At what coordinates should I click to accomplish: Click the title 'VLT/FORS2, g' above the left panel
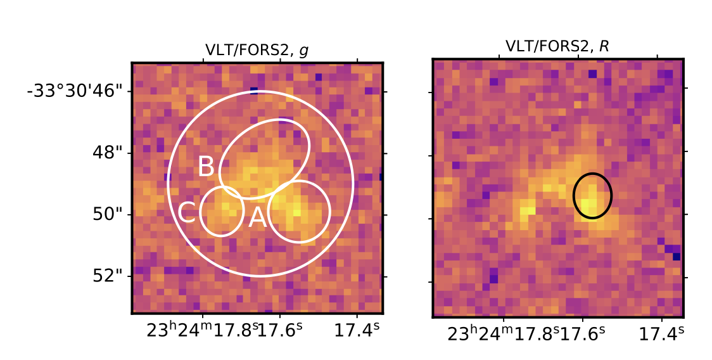coord(257,51)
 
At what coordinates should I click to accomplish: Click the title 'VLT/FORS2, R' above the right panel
coord(557,47)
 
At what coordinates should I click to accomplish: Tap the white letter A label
coord(257,218)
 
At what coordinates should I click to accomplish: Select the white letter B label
coord(206,167)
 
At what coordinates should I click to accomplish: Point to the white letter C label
coord(186,213)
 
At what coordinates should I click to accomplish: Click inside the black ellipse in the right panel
coord(592,196)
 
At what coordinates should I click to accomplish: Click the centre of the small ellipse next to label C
coord(222,212)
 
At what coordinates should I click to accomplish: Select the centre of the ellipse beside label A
coord(299,211)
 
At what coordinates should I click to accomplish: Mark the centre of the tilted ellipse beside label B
coord(264,158)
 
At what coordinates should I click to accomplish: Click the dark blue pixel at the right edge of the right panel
coord(677,256)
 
